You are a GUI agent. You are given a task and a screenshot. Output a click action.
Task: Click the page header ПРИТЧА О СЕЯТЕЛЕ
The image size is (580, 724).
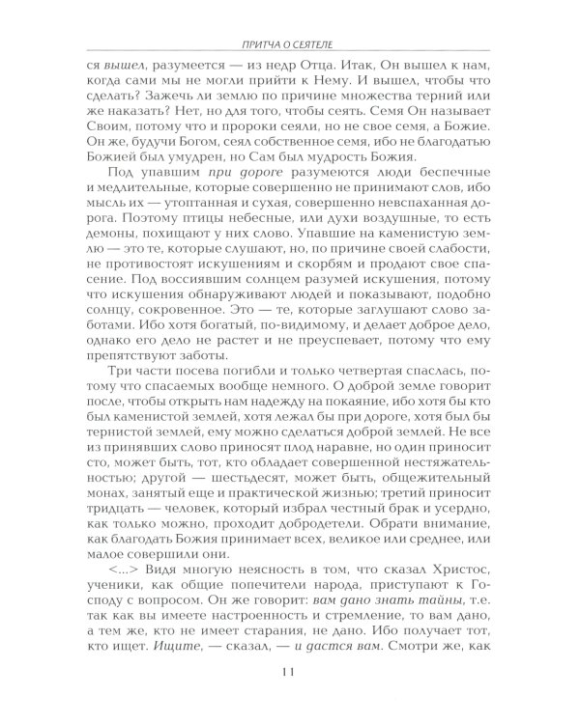point(290,42)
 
